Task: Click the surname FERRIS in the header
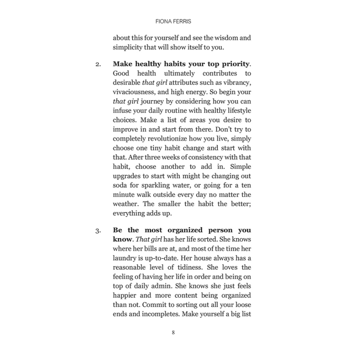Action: pos(182,21)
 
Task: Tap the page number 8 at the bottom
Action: pos(173,332)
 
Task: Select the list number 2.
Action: pos(98,64)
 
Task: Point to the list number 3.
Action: pos(98,231)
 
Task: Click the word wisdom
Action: pos(226,38)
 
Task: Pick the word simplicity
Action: pos(128,47)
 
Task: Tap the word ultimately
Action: pos(179,73)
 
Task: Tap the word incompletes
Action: pos(161,314)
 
